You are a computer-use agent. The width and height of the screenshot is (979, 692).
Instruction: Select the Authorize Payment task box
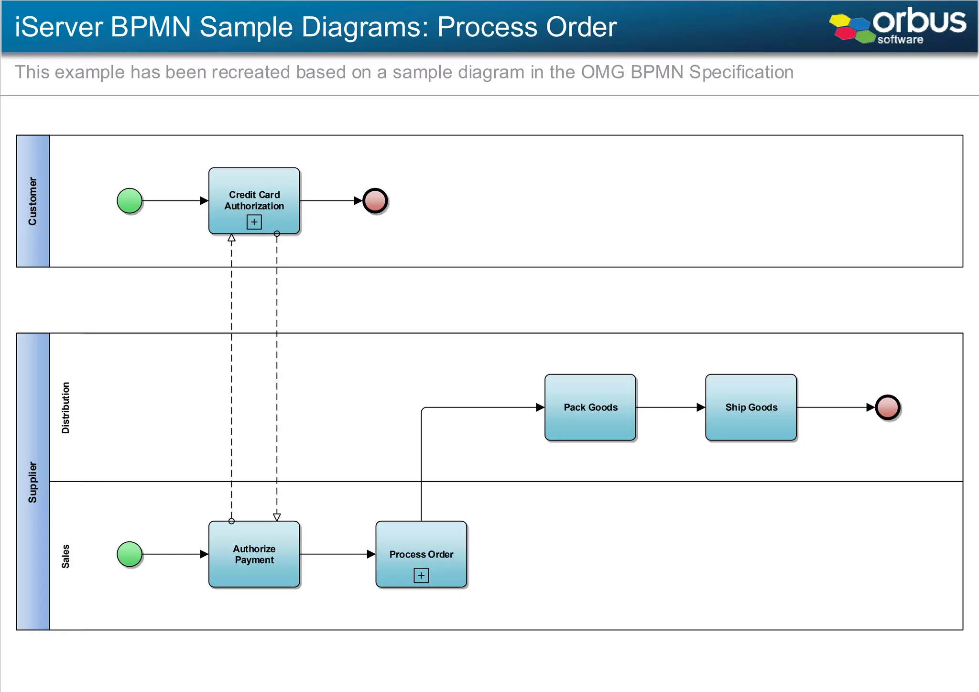tap(254, 554)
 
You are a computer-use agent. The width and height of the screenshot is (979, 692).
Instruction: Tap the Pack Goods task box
tap(590, 407)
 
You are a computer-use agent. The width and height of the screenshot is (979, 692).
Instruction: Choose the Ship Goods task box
tap(751, 407)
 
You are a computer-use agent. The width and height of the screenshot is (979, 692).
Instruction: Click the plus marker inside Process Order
tap(421, 575)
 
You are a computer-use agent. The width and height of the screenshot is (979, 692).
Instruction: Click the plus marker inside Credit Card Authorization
tap(254, 222)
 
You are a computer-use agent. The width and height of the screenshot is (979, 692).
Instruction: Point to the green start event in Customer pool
tap(130, 200)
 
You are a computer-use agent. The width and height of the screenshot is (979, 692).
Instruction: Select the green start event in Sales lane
tap(130, 554)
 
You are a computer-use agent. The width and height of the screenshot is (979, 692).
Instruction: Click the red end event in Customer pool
tap(375, 200)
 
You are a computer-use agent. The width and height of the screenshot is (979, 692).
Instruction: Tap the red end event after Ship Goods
tap(887, 407)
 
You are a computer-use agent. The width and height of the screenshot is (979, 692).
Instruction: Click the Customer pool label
tap(33, 201)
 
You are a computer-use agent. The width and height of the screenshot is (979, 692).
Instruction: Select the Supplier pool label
tap(33, 482)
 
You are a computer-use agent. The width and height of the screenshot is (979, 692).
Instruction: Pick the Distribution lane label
tap(65, 407)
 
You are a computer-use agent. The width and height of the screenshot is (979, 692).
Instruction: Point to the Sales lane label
tap(65, 556)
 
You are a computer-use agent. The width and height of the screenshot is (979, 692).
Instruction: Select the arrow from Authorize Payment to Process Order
tap(337, 554)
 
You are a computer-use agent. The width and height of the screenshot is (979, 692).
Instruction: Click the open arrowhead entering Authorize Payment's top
tap(277, 517)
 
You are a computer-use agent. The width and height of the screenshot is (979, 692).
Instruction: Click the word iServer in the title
tap(59, 27)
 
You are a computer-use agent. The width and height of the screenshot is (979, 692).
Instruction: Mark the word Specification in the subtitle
tap(741, 72)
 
